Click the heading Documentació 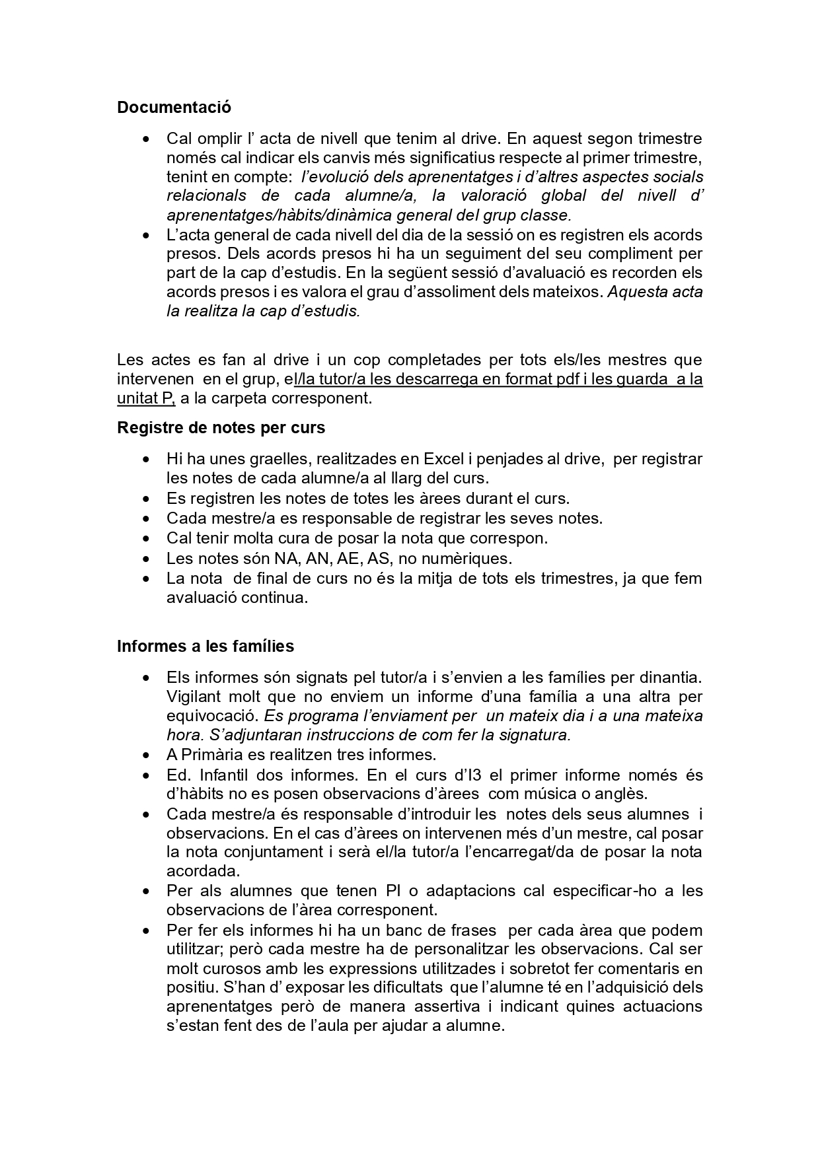pyautogui.click(x=174, y=107)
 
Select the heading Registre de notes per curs pyautogui.click(x=221, y=428)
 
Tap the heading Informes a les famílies pyautogui.click(x=205, y=646)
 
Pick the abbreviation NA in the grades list pyautogui.click(x=286, y=559)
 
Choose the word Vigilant pyautogui.click(x=191, y=697)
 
